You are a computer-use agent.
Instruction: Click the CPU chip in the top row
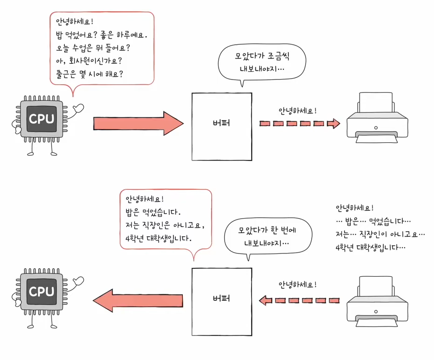click(x=41, y=119)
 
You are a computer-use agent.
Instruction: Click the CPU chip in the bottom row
click(x=41, y=292)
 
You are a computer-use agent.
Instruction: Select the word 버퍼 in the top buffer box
click(x=221, y=124)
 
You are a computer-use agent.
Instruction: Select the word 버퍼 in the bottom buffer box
click(x=221, y=298)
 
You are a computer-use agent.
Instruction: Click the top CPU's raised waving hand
click(x=78, y=108)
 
